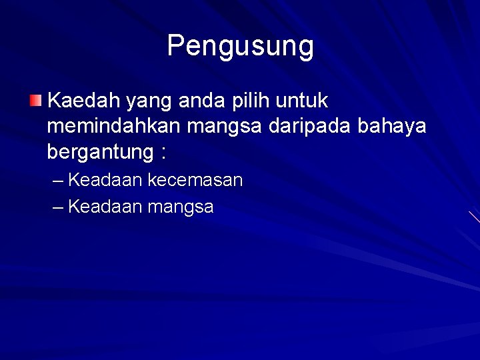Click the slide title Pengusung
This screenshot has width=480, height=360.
tap(240, 46)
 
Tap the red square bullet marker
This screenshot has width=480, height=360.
tap(35, 101)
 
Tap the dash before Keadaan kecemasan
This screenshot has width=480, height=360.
tap(58, 181)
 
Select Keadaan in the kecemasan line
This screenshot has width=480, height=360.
tap(105, 180)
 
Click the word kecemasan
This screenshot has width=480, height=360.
tap(195, 180)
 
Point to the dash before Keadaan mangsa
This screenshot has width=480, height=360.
tap(58, 207)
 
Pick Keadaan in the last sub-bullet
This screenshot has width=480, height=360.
tap(105, 207)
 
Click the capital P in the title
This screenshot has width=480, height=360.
tap(175, 46)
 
